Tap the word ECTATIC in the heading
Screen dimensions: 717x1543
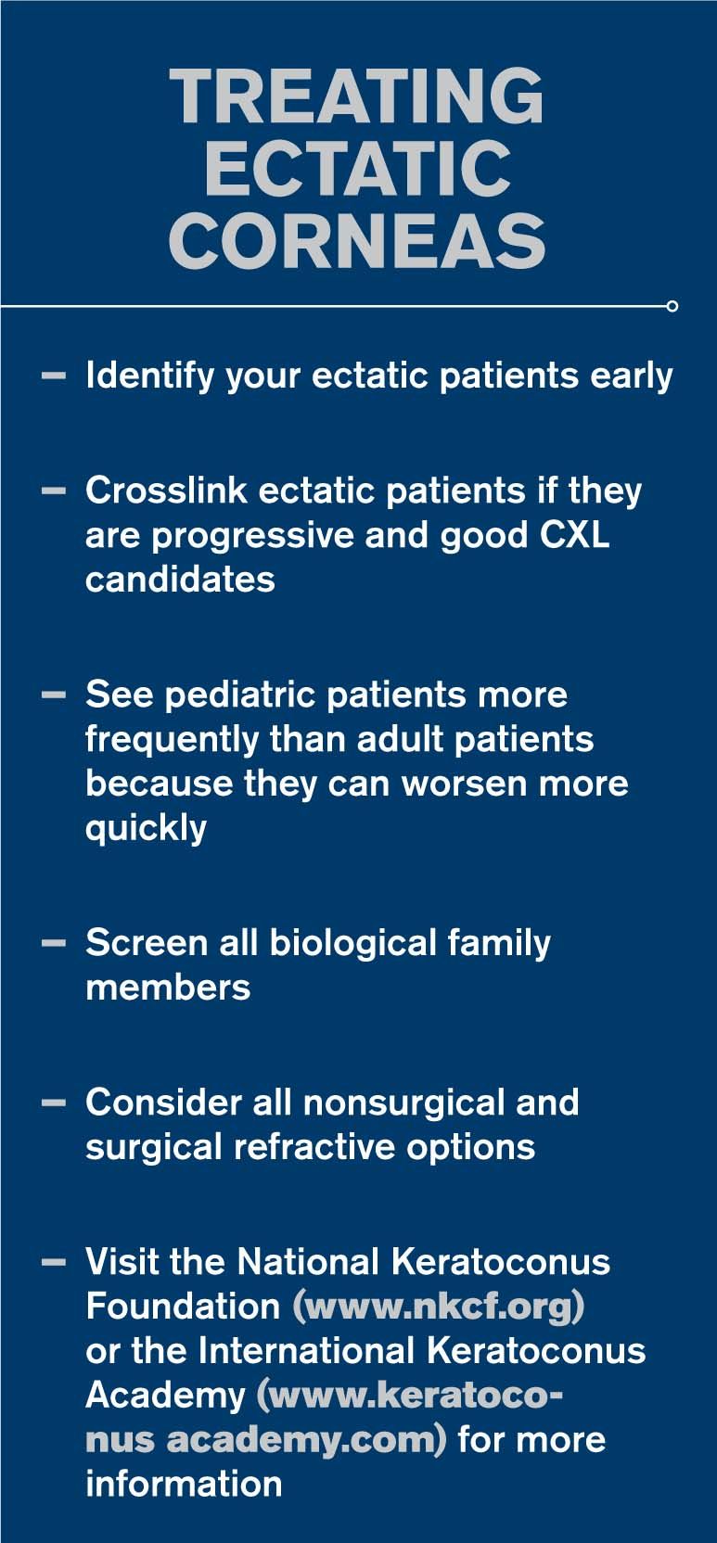pos(357,168)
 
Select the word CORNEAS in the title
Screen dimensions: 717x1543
pos(357,240)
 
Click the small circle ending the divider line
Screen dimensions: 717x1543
pos(672,306)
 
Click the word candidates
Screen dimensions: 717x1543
pos(181,580)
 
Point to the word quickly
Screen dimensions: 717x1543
pos(146,829)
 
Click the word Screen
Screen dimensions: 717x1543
pos(147,943)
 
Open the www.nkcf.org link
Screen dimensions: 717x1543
pos(439,1307)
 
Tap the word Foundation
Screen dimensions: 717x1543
pos(183,1306)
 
